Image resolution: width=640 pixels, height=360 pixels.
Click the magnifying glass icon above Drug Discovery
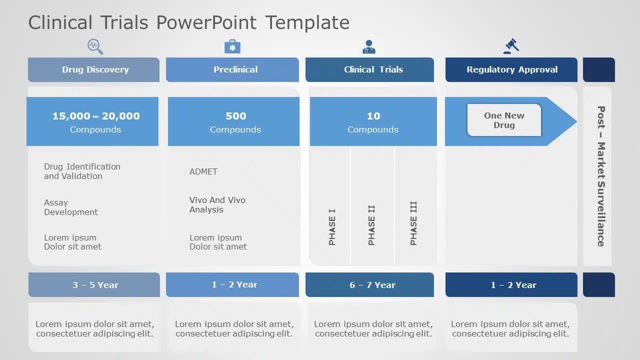[95, 46]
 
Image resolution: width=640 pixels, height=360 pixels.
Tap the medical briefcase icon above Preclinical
[232, 46]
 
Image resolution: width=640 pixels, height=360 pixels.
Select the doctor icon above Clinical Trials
[369, 46]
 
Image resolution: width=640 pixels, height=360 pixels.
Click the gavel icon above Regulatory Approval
[511, 46]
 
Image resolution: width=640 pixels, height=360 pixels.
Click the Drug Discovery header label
[95, 69]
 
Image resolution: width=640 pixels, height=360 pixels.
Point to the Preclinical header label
[235, 69]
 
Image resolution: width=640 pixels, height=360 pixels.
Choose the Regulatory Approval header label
[512, 69]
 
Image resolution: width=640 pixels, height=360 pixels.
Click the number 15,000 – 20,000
[96, 116]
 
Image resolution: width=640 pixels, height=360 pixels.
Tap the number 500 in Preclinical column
[235, 116]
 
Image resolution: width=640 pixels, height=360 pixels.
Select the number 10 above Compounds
[373, 116]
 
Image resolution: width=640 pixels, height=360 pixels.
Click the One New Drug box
[504, 120]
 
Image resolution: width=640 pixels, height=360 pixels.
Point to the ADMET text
[203, 171]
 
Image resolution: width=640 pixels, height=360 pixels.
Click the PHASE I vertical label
[332, 227]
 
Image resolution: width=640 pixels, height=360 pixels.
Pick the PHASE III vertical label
[413, 223]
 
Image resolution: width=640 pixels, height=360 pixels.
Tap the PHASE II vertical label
[371, 225]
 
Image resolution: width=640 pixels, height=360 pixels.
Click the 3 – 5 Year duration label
[95, 285]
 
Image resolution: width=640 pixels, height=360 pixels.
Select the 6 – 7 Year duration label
[372, 285]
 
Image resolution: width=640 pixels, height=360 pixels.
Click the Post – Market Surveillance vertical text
[601, 176]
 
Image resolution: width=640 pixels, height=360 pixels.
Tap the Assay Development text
[71, 207]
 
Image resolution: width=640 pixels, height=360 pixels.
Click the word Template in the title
[307, 22]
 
